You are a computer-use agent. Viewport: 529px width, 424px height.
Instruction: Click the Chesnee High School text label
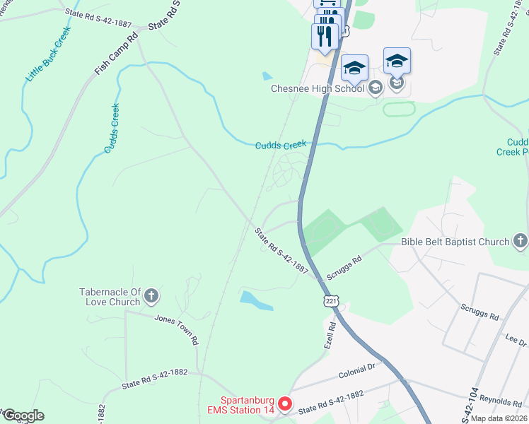click(318, 88)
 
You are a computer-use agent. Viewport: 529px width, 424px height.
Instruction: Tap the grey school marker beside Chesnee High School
click(375, 88)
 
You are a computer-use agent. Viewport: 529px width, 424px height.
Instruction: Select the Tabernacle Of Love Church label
click(110, 298)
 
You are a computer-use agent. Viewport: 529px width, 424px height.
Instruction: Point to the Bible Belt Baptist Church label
click(455, 242)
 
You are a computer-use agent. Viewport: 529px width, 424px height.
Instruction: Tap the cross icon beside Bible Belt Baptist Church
click(521, 242)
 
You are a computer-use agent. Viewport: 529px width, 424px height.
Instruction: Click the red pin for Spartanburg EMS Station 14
click(285, 404)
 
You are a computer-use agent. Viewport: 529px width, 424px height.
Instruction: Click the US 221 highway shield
click(331, 300)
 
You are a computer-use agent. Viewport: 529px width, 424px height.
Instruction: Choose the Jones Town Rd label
click(177, 329)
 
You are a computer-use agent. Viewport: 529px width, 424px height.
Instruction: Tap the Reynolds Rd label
click(499, 401)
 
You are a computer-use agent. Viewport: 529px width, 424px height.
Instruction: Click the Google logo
click(23, 416)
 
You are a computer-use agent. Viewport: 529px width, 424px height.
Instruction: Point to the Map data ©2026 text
click(499, 418)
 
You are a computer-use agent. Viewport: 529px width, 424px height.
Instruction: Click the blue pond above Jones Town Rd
click(255, 301)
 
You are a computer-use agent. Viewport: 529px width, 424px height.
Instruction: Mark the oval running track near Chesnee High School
click(399, 109)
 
